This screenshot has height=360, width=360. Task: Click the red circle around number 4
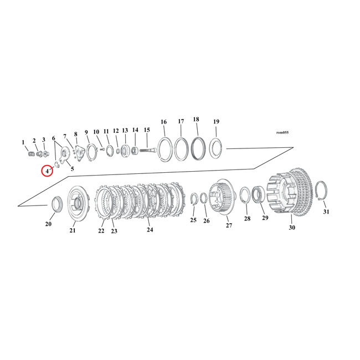click(x=48, y=171)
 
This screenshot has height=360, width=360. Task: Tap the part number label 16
click(x=163, y=122)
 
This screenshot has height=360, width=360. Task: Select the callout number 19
click(x=216, y=121)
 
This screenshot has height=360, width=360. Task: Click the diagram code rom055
click(x=282, y=132)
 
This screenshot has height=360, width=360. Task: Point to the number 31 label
click(x=326, y=212)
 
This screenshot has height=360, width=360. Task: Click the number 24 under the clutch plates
click(x=149, y=229)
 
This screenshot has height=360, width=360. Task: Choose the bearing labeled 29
click(x=259, y=196)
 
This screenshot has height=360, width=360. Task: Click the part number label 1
click(x=23, y=142)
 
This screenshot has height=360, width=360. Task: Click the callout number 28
click(x=247, y=219)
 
